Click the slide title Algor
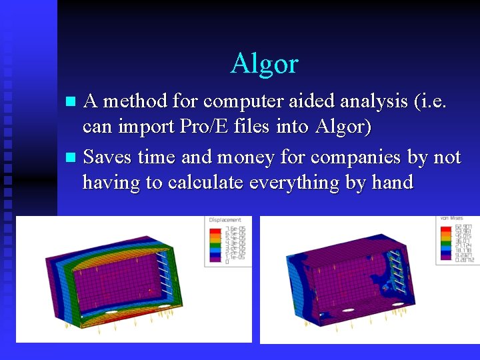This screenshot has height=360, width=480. tap(265, 64)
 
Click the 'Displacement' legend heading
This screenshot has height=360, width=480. tap(225, 220)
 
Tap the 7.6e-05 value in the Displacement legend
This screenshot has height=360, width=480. tap(234, 229)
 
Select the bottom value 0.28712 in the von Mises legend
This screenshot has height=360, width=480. tap(463, 261)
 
